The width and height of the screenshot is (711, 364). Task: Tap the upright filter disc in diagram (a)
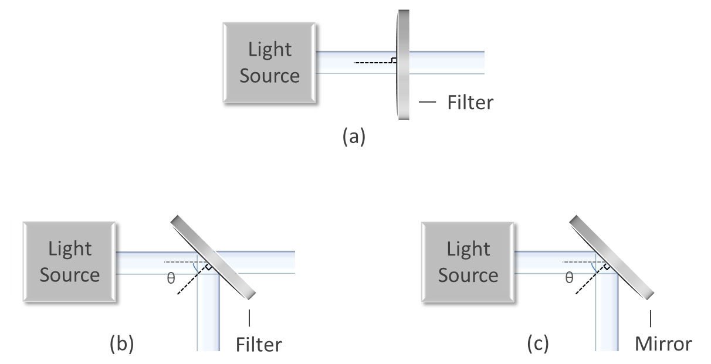tap(403, 64)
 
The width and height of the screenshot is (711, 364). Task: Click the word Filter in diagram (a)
tap(470, 103)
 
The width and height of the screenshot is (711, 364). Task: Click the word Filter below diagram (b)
tap(259, 344)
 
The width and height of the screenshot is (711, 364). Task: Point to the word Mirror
tap(663, 344)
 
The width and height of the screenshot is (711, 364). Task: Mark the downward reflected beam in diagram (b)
tap(208, 317)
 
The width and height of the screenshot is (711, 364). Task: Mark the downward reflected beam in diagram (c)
tap(607, 317)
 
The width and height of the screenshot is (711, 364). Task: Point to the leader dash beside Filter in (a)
tap(428, 103)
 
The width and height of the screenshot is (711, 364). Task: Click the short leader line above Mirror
tap(649, 319)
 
